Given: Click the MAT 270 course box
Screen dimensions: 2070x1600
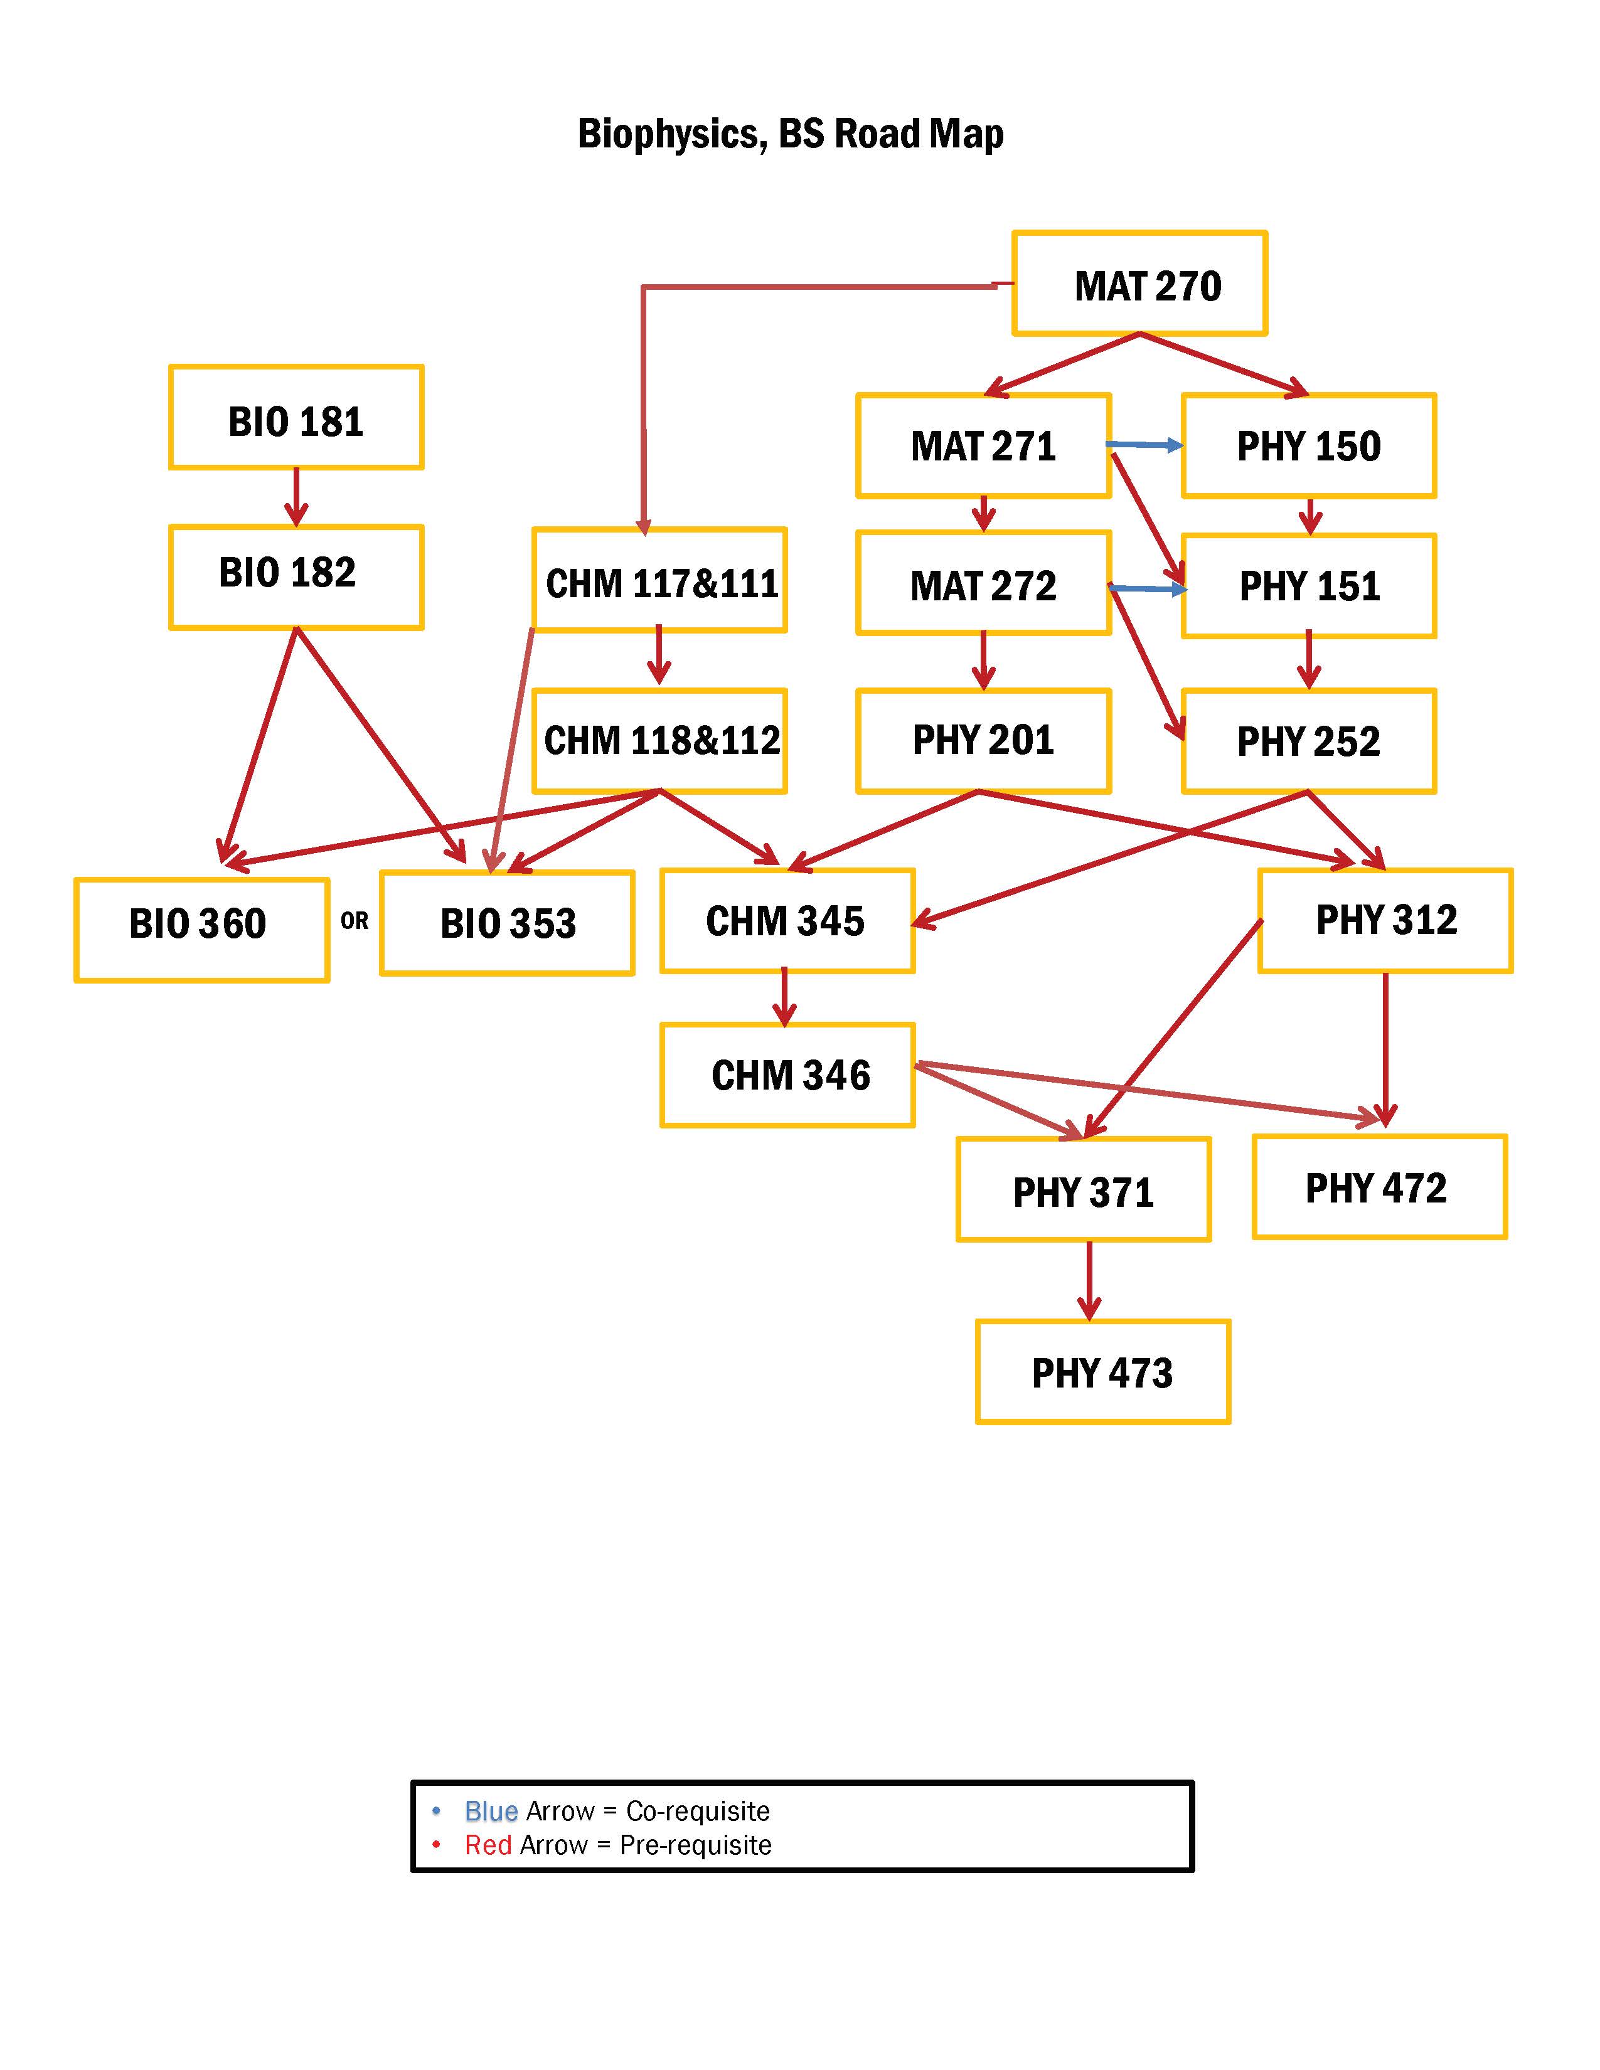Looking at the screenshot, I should [1139, 284].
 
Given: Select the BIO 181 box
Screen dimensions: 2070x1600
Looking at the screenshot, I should [296, 418].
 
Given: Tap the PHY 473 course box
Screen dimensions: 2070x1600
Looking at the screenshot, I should [1102, 1371].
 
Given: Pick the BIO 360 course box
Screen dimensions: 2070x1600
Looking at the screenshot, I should [201, 930].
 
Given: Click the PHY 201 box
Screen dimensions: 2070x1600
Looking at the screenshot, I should [983, 740].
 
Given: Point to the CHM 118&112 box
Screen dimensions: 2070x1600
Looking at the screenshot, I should [659, 740].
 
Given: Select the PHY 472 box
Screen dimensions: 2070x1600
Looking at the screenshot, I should [1379, 1187].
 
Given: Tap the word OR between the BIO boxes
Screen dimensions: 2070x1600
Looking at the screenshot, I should [355, 920].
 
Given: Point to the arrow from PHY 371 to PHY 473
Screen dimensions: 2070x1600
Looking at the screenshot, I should [1089, 1280].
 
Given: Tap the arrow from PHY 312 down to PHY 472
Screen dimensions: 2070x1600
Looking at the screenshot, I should [1386, 1048].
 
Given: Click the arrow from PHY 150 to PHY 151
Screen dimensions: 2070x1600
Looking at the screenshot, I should [1310, 516].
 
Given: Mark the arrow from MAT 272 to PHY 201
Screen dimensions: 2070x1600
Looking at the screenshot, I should [983, 661].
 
